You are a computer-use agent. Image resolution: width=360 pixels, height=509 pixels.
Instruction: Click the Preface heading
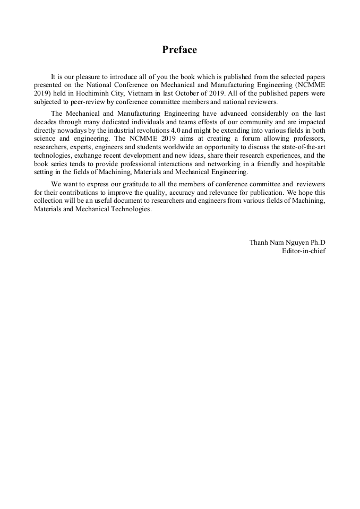pos(179,50)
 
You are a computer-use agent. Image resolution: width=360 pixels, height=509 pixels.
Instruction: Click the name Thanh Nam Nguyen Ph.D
pos(287,242)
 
